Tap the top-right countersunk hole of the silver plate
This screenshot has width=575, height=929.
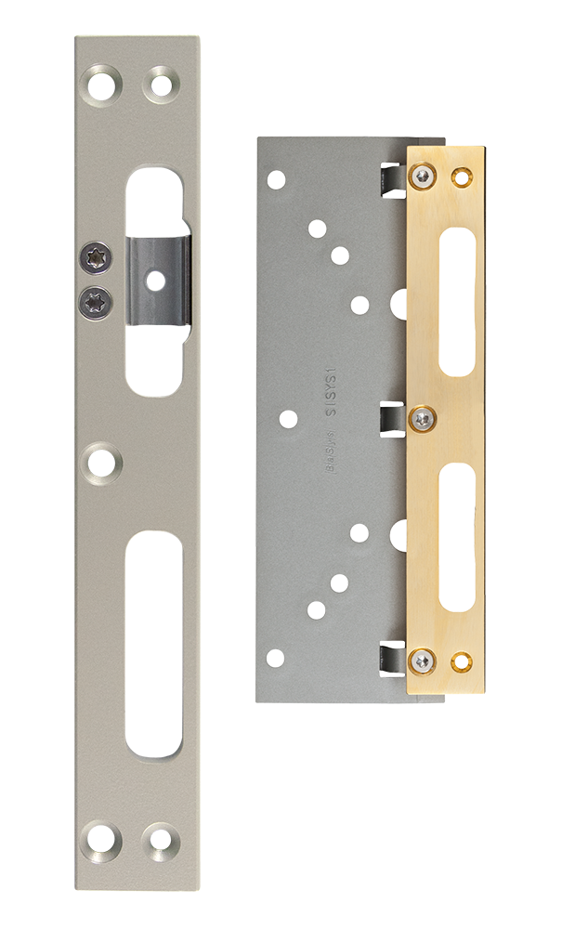(x=160, y=84)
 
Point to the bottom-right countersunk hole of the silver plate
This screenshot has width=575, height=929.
(x=160, y=841)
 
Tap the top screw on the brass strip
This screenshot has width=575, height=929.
(x=425, y=176)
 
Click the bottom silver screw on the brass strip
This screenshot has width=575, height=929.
(x=425, y=661)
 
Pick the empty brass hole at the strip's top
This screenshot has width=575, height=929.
(x=461, y=176)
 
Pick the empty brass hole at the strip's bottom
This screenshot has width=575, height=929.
(x=461, y=661)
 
